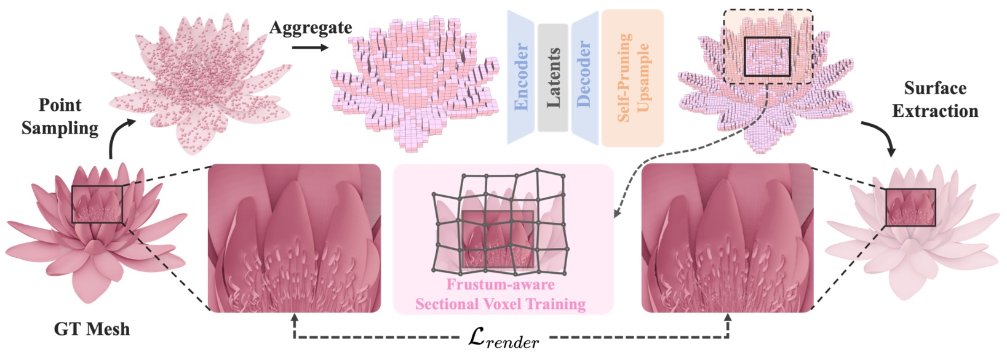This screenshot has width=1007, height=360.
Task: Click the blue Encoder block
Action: [x=520, y=78]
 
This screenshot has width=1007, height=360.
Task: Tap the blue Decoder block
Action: [x=584, y=76]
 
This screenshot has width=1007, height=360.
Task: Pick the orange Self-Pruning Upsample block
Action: [x=632, y=78]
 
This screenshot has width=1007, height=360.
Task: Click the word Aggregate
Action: [x=311, y=28]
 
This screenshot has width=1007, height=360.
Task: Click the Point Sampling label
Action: [x=60, y=116]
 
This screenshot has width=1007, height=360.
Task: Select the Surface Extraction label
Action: [x=934, y=100]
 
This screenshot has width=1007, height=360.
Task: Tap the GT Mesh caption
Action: [x=92, y=329]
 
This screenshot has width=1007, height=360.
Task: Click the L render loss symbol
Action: [x=503, y=339]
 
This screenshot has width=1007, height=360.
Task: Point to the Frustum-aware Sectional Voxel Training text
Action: [x=500, y=294]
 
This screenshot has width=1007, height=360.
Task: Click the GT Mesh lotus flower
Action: [x=95, y=228]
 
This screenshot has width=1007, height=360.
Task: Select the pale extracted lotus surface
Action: [x=910, y=231]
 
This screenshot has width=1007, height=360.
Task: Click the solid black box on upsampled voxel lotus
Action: [x=767, y=57]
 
